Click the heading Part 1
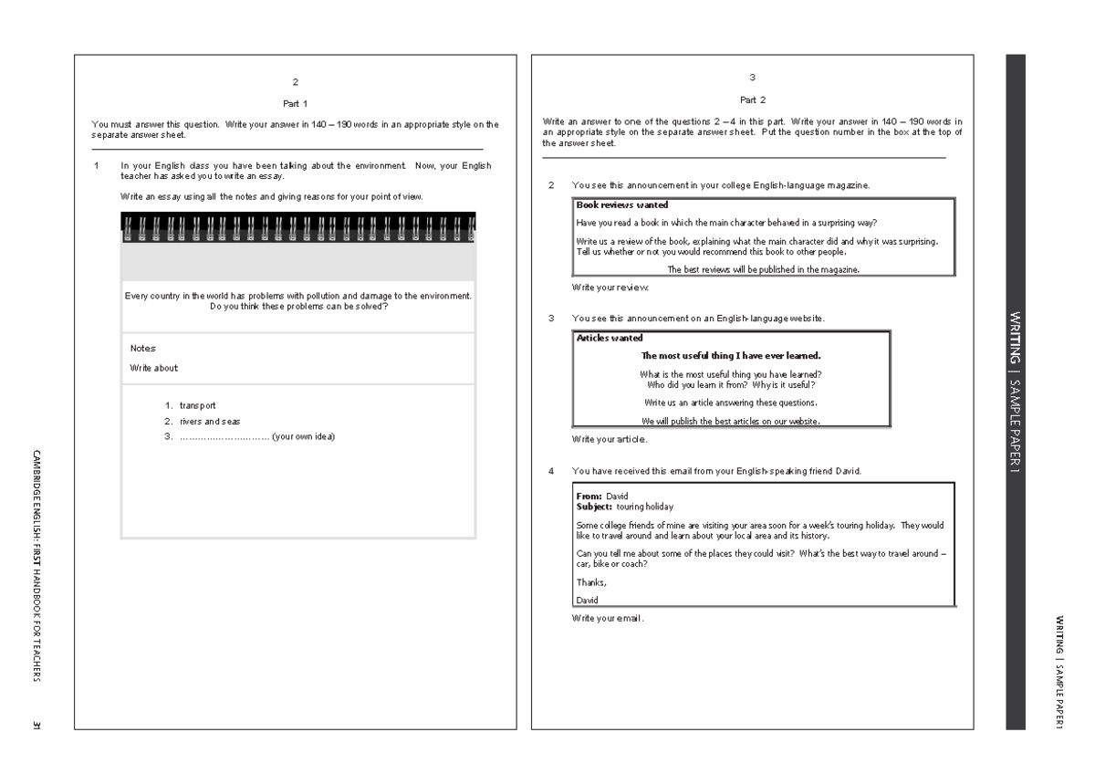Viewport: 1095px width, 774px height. [x=296, y=103]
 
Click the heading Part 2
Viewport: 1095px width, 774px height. [x=752, y=99]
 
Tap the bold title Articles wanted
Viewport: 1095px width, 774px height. [x=609, y=338]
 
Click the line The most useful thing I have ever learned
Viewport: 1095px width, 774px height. [x=731, y=356]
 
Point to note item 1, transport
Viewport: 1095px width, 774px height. [x=197, y=405]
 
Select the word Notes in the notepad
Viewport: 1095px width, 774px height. [x=142, y=348]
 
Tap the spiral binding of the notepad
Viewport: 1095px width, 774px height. [x=298, y=227]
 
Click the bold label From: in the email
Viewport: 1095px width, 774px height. [x=589, y=496]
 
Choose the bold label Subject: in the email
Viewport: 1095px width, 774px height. [x=595, y=505]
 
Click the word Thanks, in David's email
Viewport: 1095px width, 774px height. [x=591, y=581]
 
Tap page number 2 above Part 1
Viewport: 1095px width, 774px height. [x=296, y=82]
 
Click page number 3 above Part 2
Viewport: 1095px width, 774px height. [x=752, y=78]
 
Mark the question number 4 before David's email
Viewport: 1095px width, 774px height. [x=551, y=471]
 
